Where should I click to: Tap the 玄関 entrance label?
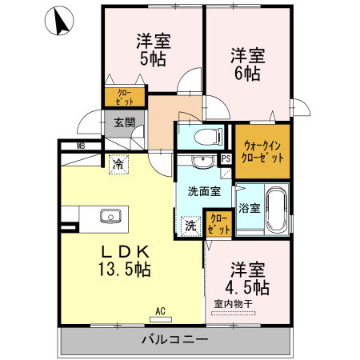point(123,122)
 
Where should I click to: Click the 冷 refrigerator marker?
point(118,163)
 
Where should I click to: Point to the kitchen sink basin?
point(109,216)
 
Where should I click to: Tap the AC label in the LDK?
point(159,311)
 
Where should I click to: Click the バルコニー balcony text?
point(174,340)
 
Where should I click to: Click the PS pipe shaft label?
point(226,158)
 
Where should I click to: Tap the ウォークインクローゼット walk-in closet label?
point(262,151)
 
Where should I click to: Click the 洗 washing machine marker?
point(190,226)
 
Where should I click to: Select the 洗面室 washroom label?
point(203,192)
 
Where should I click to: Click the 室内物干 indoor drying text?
point(234,304)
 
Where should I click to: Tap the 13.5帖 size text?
point(124,270)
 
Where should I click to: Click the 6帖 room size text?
point(246,73)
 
